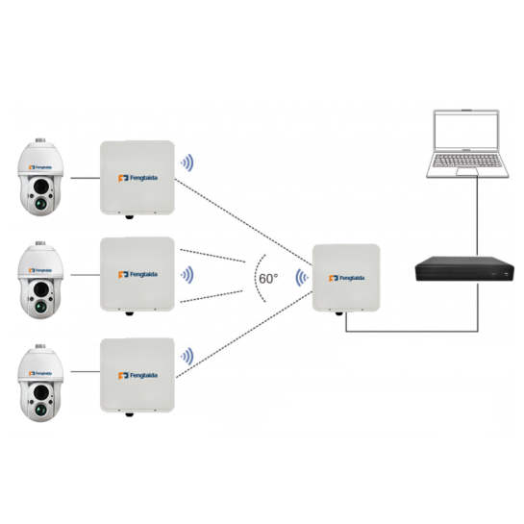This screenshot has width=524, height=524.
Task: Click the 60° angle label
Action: [x=267, y=278]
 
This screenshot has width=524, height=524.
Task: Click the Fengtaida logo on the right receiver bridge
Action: [x=347, y=278]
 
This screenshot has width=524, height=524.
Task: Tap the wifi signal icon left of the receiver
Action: [x=301, y=278]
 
